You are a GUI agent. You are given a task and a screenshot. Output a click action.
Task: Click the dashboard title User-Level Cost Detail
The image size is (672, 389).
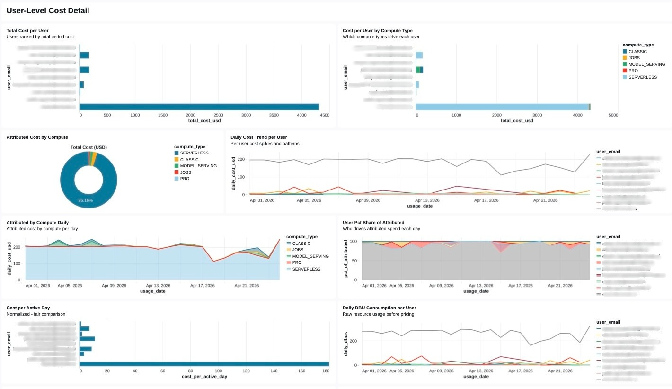click(47, 10)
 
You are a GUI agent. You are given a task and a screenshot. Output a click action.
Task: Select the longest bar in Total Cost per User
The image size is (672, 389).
click(199, 107)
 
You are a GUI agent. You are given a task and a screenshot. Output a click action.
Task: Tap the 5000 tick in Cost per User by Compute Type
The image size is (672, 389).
click(613, 115)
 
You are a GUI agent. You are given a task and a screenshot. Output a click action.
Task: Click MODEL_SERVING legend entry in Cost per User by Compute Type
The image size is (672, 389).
click(644, 64)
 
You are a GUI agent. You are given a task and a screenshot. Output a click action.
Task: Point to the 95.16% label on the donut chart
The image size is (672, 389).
click(85, 200)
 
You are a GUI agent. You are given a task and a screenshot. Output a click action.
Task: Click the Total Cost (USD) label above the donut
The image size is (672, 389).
click(88, 147)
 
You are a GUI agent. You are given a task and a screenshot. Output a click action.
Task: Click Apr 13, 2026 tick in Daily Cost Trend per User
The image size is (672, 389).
click(427, 200)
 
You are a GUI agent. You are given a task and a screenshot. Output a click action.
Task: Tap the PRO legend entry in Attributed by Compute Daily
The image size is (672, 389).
click(297, 262)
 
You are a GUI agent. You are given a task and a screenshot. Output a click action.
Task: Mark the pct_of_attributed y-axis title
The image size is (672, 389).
click(346, 260)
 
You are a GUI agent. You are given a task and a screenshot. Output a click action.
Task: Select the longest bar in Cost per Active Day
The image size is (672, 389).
click(204, 364)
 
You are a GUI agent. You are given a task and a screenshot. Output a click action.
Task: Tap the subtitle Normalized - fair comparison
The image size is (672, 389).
click(35, 314)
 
